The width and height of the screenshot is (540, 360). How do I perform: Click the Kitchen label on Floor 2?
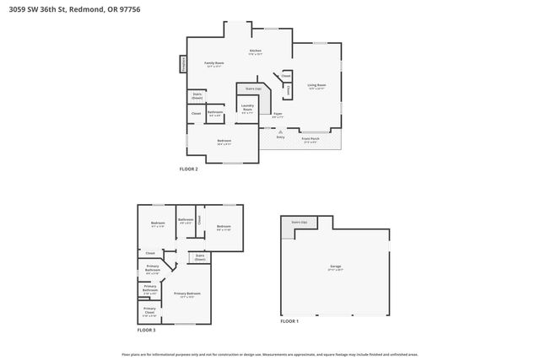[x=255, y=51]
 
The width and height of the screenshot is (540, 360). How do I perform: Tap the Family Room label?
[x=214, y=64]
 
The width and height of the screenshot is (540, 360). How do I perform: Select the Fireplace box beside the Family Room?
[x=182, y=64]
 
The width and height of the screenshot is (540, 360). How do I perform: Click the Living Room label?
[x=316, y=86]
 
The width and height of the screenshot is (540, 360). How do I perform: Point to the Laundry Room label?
[x=247, y=108]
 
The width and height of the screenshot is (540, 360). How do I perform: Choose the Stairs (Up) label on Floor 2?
[x=251, y=88]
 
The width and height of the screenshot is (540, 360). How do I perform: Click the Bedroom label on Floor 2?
[x=224, y=141]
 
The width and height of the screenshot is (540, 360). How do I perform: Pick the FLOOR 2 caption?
[x=188, y=169]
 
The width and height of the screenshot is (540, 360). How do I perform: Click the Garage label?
[x=336, y=267]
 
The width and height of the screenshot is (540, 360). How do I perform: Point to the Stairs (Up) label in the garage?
[x=299, y=222]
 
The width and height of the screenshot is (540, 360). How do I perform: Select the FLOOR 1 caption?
[x=289, y=321]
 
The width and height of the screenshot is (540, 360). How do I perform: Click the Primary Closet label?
[x=148, y=310]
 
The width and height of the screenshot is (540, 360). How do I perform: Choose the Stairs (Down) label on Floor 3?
[x=200, y=257]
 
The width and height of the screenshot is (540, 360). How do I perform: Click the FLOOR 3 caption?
[x=148, y=330]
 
